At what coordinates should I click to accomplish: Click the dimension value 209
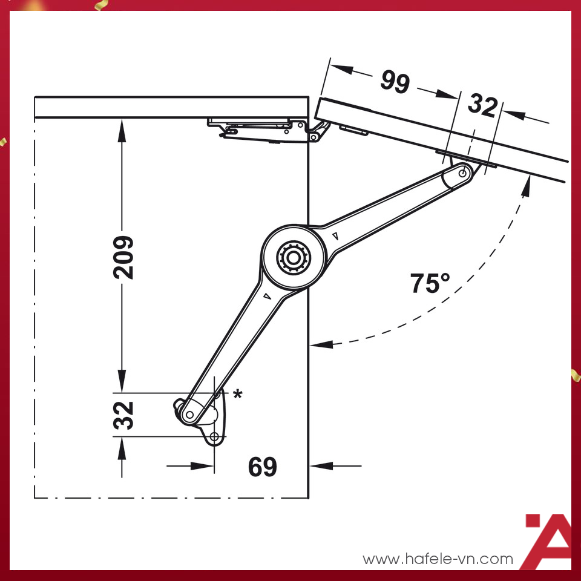(x=123, y=257)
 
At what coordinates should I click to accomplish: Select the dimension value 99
(x=395, y=82)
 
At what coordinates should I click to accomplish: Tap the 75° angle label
(x=430, y=283)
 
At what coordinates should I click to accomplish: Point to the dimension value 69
(x=262, y=467)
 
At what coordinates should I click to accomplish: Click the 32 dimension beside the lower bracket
(x=123, y=415)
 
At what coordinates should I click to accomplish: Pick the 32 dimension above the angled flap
(x=482, y=106)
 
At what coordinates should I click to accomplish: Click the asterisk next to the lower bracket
(x=237, y=394)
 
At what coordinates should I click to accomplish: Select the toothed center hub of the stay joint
(x=293, y=258)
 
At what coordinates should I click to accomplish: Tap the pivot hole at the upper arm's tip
(x=463, y=173)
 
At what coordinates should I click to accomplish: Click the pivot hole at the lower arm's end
(x=189, y=414)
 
